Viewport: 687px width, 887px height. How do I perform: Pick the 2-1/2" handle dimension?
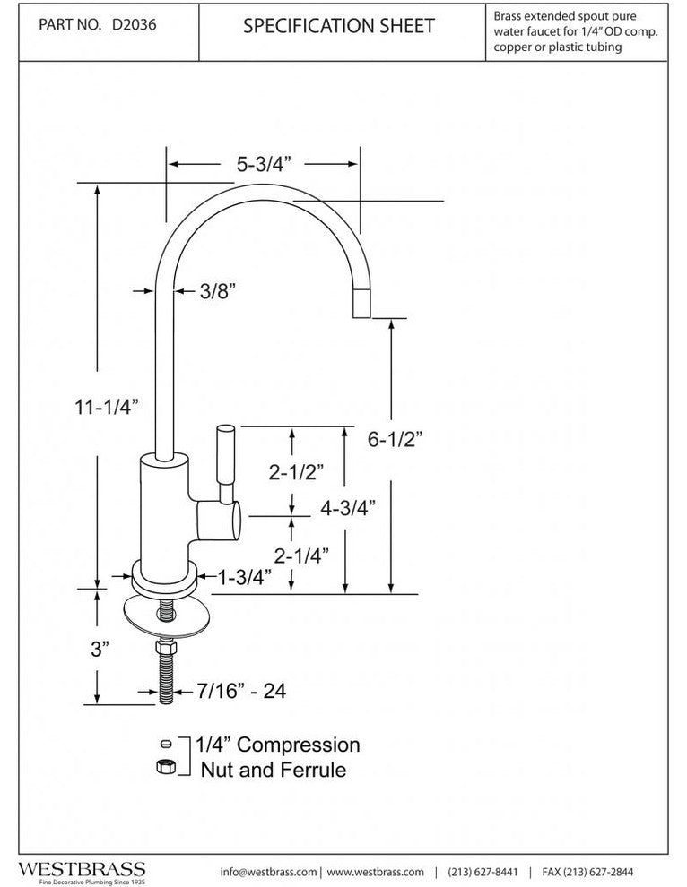coord(295,472)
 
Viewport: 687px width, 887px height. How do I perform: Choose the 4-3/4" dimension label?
coord(347,507)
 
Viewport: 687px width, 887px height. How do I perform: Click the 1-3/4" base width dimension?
coord(245,578)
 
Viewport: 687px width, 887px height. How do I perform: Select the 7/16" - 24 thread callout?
coord(234,692)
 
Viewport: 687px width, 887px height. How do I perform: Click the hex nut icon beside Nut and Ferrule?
coord(164,767)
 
